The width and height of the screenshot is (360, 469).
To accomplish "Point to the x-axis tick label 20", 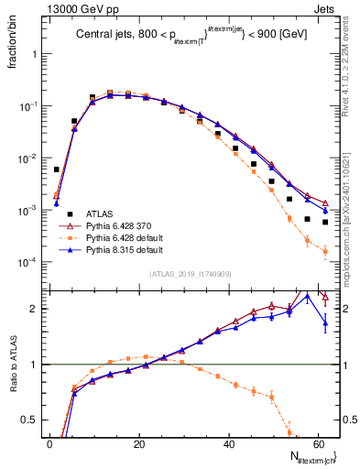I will [x=138, y=443].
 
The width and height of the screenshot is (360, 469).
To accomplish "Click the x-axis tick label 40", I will [x=228, y=443].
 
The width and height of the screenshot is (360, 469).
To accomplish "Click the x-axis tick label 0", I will [x=49, y=443].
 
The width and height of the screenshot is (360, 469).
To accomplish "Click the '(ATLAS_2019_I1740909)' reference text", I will [x=191, y=274].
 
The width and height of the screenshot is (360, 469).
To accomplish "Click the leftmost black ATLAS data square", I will [x=57, y=169].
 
